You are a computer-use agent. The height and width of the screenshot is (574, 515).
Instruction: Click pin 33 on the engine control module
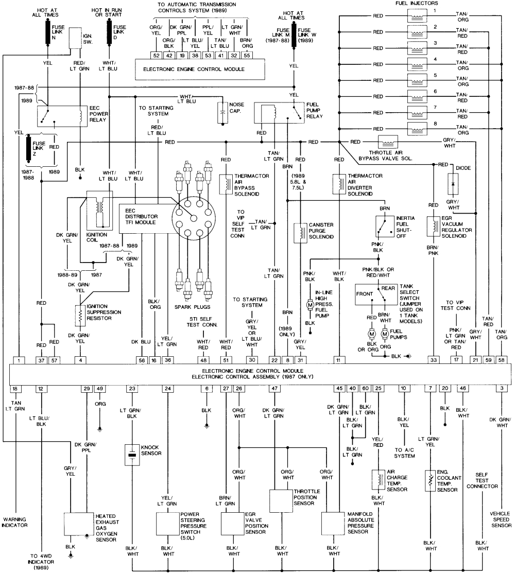click(x=434, y=360)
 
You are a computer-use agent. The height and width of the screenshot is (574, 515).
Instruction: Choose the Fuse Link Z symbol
click(x=29, y=150)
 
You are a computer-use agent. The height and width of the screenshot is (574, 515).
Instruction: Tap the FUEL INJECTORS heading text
click(x=416, y=4)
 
